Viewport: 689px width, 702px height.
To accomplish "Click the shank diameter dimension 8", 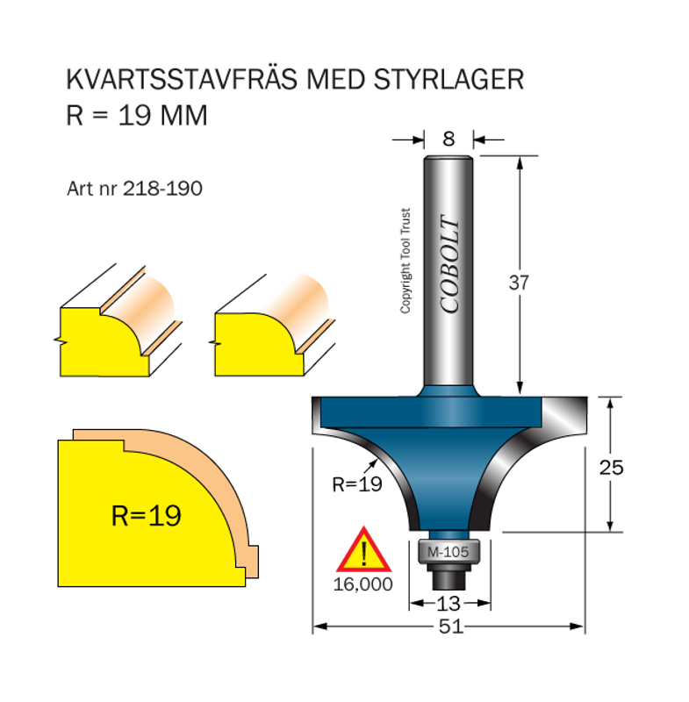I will tap(449, 138).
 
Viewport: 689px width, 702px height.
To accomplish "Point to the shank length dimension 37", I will tap(520, 282).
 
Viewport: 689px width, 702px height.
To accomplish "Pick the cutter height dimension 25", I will tap(612, 467).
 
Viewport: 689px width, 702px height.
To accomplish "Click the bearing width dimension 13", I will tap(449, 603).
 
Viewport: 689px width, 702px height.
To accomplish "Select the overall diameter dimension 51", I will tap(449, 627).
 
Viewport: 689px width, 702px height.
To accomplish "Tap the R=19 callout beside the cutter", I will tap(357, 484).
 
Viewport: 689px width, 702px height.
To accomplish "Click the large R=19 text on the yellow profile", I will tap(147, 515).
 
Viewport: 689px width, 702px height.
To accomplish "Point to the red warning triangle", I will tap(362, 550).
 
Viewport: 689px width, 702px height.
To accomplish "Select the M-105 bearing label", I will tap(449, 552).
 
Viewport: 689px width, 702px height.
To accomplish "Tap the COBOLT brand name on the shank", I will tap(449, 264).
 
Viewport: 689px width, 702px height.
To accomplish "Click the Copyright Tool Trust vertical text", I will tap(406, 261).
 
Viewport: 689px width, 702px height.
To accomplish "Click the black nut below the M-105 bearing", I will tap(449, 577).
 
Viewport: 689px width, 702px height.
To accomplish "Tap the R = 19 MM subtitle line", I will tap(137, 115).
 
